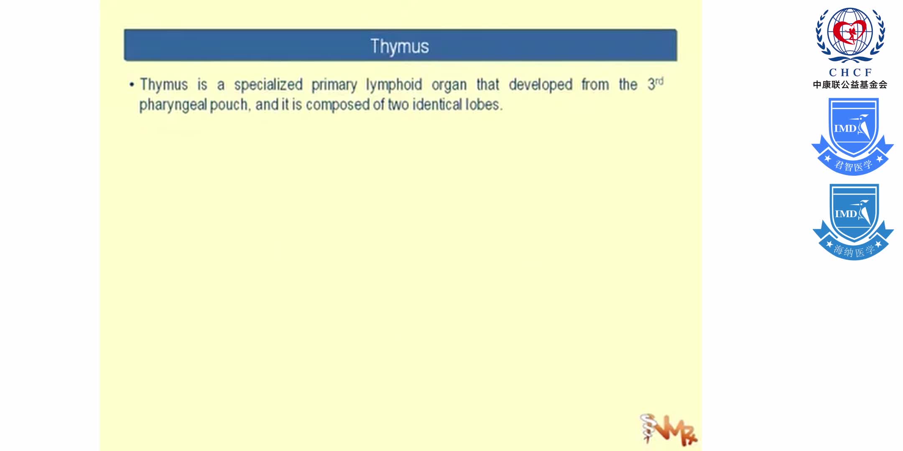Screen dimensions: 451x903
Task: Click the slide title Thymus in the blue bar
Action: tap(400, 46)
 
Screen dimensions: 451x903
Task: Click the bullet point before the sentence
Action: tap(132, 85)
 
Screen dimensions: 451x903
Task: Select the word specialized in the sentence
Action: tap(268, 85)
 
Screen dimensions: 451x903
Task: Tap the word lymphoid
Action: tap(394, 85)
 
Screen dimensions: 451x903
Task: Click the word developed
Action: tap(540, 85)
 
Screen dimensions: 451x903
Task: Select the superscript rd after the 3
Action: tap(659, 81)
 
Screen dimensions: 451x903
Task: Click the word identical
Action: tap(434, 104)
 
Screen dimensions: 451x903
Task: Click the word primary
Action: tap(334, 85)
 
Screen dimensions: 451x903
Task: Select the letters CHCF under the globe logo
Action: tap(850, 72)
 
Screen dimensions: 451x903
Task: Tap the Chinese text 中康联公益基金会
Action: tap(850, 85)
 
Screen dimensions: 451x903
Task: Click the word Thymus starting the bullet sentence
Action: tap(163, 85)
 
